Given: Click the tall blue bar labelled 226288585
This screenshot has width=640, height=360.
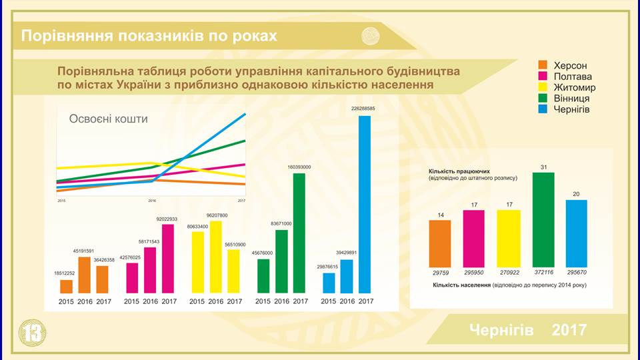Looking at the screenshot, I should pos(365,204).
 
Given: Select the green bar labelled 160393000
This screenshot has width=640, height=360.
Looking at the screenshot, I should pos(299,233).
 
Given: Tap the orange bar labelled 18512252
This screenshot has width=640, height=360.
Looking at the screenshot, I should pos(66,286).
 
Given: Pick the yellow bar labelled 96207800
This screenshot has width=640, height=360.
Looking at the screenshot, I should pos(215,257).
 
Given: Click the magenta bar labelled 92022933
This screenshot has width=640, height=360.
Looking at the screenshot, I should pos(168,258).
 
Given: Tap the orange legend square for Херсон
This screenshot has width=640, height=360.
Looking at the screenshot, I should pos(543,65).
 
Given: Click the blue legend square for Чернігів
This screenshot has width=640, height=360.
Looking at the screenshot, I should pos(543,109).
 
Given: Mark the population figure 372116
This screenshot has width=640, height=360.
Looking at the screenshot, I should pos(543,273).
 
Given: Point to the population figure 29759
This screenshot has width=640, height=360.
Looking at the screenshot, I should pos(440,273).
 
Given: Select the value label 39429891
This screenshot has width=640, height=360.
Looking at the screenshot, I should pos(347,253).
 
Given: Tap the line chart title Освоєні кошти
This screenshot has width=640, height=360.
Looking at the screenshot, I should pos(109,119).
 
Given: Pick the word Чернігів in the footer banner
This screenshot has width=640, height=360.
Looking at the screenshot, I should pos(501,329).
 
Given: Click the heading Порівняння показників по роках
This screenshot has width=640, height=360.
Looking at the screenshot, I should pos(149,35).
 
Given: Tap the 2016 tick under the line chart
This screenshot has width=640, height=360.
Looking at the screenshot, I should pos(151,201).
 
